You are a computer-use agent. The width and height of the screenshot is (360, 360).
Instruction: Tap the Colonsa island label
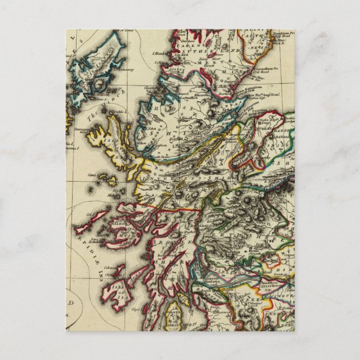118,269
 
